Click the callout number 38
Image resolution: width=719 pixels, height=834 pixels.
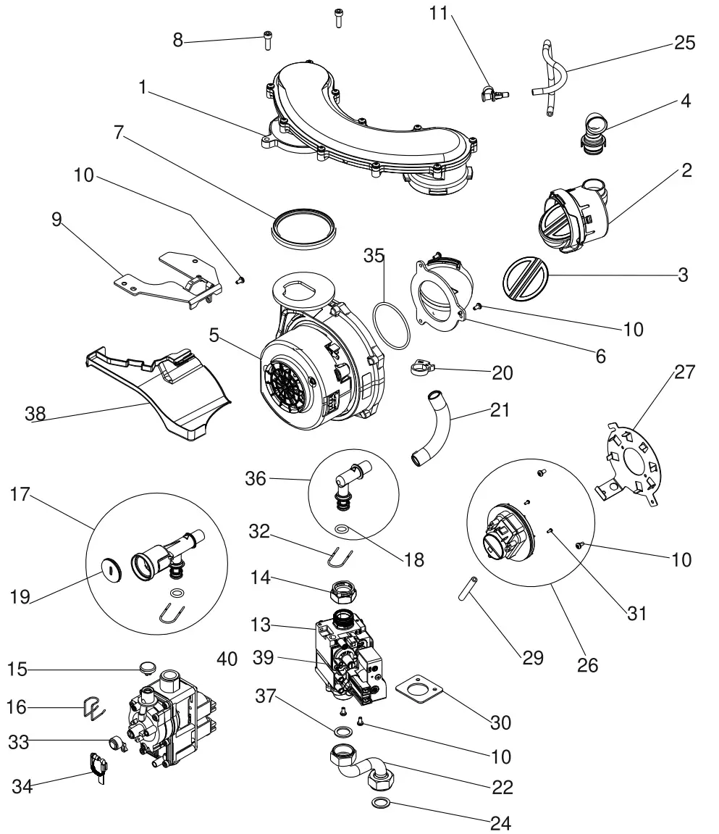(x=35, y=414)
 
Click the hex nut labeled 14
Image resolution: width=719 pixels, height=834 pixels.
(x=342, y=591)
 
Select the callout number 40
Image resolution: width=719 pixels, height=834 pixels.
(x=227, y=659)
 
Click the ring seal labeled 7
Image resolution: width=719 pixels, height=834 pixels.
(x=305, y=222)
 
